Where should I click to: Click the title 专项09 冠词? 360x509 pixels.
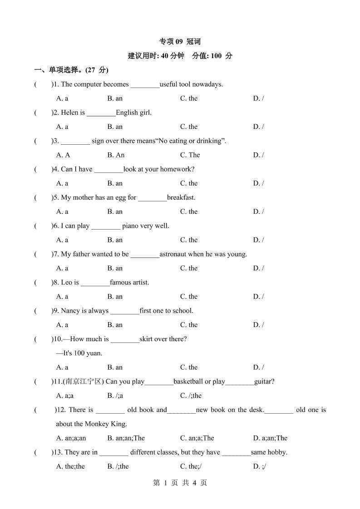click(180, 42)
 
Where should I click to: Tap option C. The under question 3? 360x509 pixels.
click(190, 155)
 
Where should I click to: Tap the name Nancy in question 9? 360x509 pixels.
click(70, 311)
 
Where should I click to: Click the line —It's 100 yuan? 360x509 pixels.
click(76, 353)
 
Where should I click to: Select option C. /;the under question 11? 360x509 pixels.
click(191, 396)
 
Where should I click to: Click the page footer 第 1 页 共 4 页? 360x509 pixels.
click(180, 483)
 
